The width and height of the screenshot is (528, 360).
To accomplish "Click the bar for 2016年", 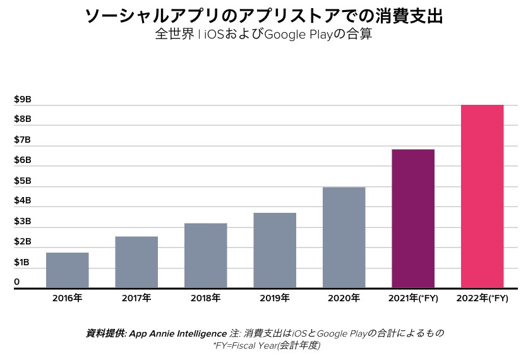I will click(67, 270).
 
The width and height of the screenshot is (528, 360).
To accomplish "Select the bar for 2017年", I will click(136, 262).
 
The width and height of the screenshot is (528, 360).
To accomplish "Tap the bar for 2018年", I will click(205, 256).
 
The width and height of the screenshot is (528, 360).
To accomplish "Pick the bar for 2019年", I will click(275, 250).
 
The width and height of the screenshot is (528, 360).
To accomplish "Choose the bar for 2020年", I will click(344, 237).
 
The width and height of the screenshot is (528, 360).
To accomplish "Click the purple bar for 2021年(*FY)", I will click(413, 219).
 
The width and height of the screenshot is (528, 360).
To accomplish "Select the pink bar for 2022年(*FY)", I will click(482, 196).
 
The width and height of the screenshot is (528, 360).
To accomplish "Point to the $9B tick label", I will click(23, 99).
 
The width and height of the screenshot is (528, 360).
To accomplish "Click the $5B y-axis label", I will click(23, 181).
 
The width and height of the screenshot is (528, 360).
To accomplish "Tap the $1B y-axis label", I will click(23, 262).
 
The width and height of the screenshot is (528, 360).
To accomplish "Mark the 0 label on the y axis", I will click(17, 282).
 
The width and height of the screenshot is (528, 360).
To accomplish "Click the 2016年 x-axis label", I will click(67, 297).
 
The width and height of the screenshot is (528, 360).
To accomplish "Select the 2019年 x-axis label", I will click(275, 297).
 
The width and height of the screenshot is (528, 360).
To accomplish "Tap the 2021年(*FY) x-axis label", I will click(413, 297).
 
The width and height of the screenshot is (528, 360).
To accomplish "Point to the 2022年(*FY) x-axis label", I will click(482, 297).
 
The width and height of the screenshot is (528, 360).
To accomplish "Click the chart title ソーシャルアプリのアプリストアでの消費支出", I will click(263, 16).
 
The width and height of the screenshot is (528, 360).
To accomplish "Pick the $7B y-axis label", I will click(23, 140).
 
